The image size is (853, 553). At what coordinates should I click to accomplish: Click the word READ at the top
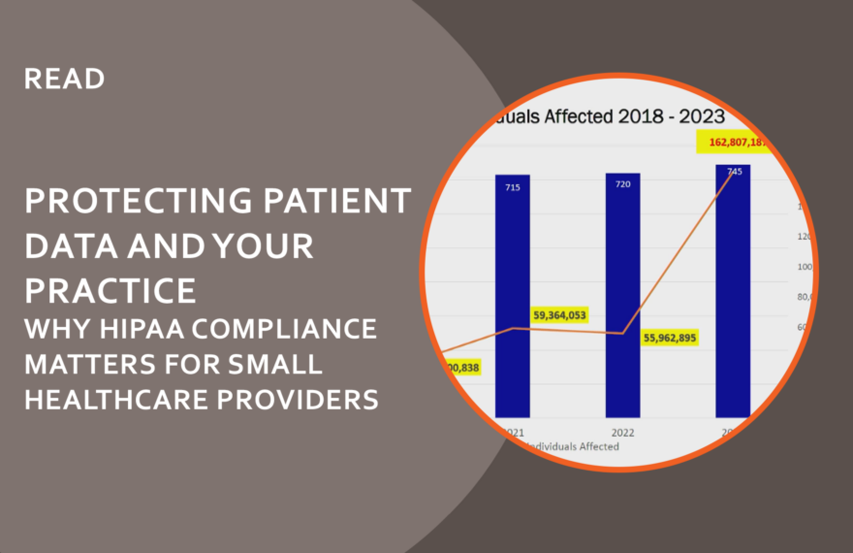[64, 79]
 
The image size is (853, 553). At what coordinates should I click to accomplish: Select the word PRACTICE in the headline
[110, 289]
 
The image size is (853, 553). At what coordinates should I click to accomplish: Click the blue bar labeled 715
[512, 301]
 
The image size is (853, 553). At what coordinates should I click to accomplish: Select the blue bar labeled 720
[622, 301]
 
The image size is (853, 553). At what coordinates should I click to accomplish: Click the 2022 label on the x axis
[622, 431]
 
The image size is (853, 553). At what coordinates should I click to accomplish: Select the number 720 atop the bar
[622, 183]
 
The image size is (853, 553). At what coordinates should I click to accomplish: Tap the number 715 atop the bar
[512, 186]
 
